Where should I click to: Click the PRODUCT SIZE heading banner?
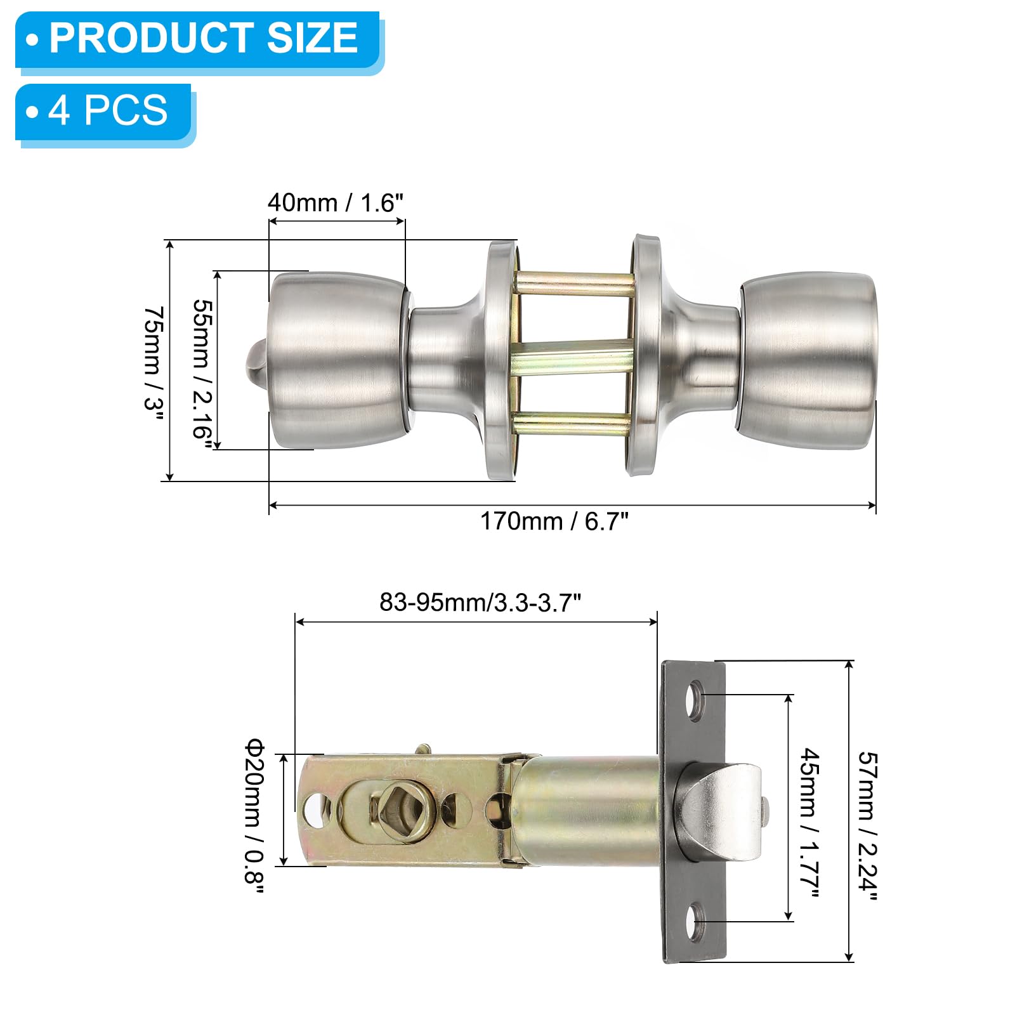pyautogui.click(x=197, y=39)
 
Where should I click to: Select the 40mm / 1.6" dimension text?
pyautogui.click(x=335, y=202)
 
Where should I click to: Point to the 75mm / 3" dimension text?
pyautogui.click(x=154, y=359)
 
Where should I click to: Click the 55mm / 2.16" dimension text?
pyautogui.click(x=202, y=369)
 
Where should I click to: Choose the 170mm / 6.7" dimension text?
pyautogui.click(x=554, y=521)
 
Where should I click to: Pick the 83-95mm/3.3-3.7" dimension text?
pyautogui.click(x=480, y=602)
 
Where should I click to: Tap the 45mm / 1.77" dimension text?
pyautogui.click(x=810, y=823)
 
